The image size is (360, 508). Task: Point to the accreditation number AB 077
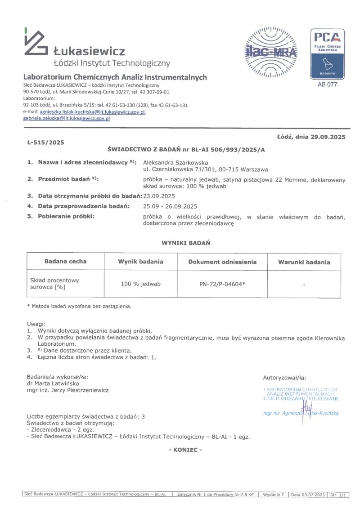[327, 84]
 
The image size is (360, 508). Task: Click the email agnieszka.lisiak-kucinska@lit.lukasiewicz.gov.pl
[92, 111]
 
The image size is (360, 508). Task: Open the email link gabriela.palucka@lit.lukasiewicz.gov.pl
[67, 118]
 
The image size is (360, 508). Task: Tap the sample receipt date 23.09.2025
[159, 196]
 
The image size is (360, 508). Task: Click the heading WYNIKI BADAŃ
[186, 243]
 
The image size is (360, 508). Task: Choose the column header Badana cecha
[66, 261]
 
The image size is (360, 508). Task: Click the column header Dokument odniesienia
[222, 262]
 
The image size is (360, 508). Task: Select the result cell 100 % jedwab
[141, 284]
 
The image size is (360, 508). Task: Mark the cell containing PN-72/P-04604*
[222, 284]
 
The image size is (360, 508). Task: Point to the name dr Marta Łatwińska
[53, 383]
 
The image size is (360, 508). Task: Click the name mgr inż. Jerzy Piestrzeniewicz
[68, 390]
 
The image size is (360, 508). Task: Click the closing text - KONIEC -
[185, 450]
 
